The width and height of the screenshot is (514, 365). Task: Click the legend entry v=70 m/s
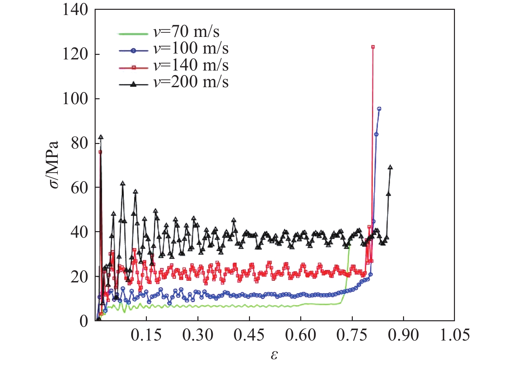click(186, 32)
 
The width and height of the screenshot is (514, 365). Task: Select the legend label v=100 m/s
click(191, 49)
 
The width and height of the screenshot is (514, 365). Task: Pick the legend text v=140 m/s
click(191, 65)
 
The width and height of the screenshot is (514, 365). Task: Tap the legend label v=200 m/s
click(191, 82)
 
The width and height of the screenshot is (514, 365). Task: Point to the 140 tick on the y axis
click(75, 10)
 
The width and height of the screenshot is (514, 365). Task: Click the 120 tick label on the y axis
click(75, 54)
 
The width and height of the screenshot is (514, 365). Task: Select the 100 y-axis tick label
click(75, 99)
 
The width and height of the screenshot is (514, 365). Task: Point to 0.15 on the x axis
click(146, 335)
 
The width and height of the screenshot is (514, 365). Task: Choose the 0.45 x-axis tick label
click(249, 335)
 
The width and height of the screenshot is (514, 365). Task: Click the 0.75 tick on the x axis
click(352, 335)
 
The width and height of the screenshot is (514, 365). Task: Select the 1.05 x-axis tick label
click(455, 335)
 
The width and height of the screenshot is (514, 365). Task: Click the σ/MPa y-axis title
click(52, 165)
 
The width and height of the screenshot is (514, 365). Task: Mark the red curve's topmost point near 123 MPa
click(373, 47)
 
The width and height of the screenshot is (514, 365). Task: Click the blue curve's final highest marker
click(379, 109)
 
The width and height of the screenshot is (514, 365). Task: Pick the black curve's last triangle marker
click(390, 167)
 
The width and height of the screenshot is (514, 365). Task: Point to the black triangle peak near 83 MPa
click(101, 137)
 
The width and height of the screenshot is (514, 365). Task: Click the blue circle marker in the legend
click(133, 51)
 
